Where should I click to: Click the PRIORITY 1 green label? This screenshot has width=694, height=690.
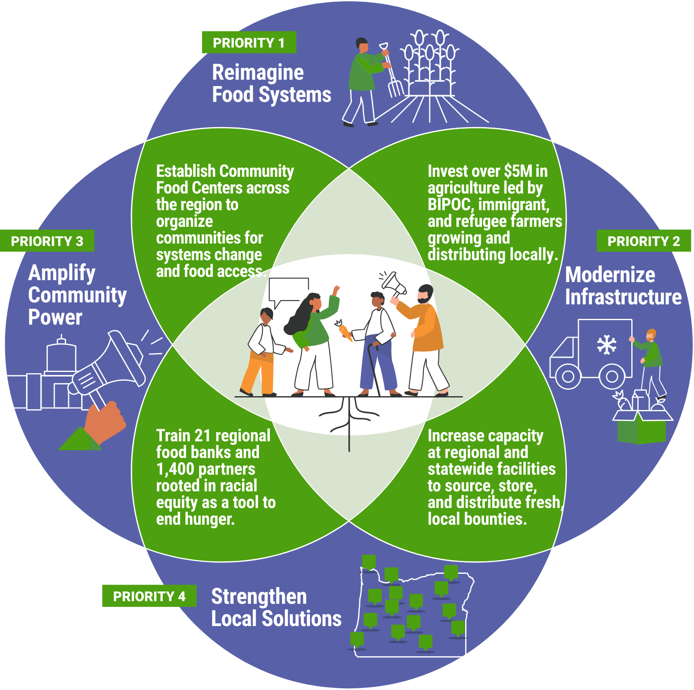click(x=249, y=43)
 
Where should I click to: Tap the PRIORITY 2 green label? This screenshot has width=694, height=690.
click(x=643, y=241)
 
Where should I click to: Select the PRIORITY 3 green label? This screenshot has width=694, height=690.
click(x=47, y=241)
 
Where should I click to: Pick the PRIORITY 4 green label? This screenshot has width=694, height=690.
click(x=149, y=596)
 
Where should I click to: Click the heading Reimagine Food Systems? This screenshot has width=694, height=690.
click(x=271, y=84)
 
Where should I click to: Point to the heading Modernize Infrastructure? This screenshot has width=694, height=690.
click(x=623, y=286)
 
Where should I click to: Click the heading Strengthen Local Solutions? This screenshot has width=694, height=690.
click(x=276, y=607)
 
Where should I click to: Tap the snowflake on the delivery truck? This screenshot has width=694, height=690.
click(x=606, y=345)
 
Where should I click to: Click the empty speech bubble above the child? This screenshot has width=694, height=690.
click(x=289, y=290)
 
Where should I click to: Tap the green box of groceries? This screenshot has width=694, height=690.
click(x=641, y=428)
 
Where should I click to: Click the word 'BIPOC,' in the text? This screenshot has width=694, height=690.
click(x=450, y=205)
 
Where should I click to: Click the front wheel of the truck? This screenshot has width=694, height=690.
click(x=568, y=376)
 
